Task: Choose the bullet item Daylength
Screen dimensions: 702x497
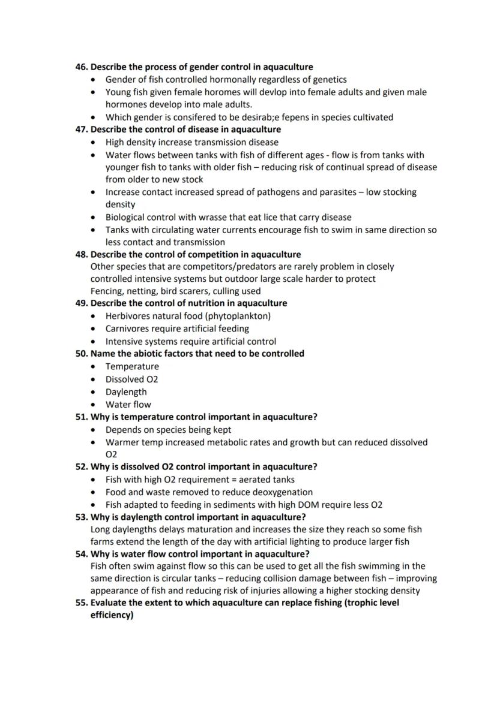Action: pyautogui.click(x=126, y=391)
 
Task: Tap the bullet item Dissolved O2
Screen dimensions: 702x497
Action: pyautogui.click(x=132, y=379)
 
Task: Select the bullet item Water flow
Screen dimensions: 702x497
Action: pyautogui.click(x=128, y=404)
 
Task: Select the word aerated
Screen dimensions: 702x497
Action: pyautogui.click(x=251, y=479)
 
